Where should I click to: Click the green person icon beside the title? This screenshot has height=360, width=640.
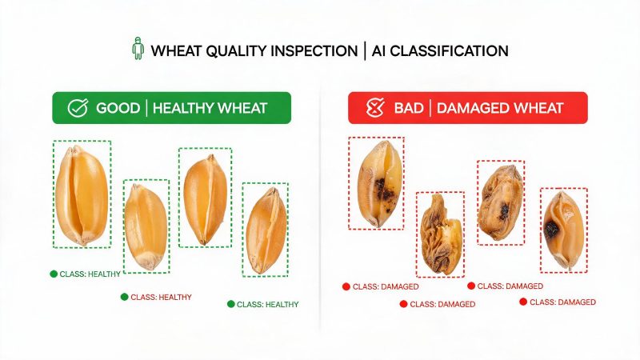138,48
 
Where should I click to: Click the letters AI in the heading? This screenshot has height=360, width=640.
378,51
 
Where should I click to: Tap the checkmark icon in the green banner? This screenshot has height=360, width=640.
78,108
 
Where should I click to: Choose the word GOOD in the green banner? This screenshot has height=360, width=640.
118,108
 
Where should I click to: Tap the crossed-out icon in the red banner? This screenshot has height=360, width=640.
375,108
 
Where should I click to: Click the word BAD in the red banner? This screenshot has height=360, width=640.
409,108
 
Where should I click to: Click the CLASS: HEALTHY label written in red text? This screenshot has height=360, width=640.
161,297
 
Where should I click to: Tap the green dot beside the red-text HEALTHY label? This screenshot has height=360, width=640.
125,297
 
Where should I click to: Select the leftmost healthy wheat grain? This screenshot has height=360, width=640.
82,195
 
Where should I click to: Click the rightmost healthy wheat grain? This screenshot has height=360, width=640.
266,230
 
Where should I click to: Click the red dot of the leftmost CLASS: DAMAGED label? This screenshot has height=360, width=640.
346,286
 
